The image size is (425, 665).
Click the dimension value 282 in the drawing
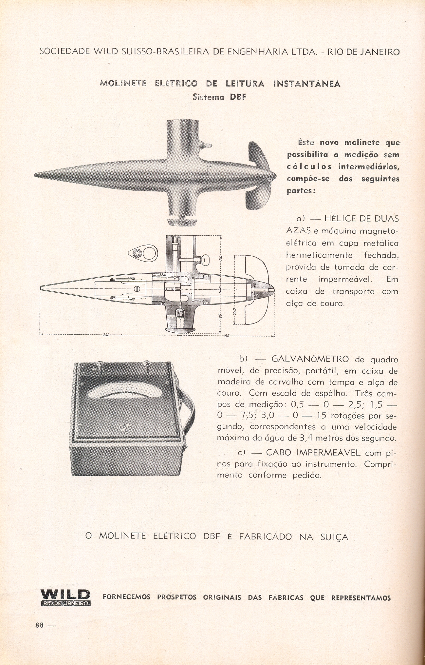[x=106, y=335]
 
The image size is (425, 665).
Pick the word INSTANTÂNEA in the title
[x=306, y=84]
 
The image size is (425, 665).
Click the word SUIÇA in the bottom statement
[x=331, y=537]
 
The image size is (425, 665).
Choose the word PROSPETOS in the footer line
[x=177, y=597]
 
